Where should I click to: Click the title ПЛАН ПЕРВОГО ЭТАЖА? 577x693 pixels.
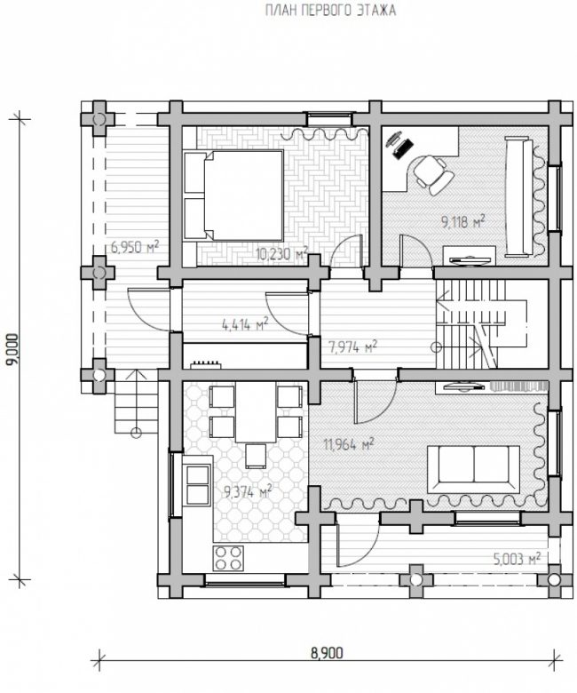(x=330, y=11)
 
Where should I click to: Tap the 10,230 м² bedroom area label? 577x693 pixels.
(x=281, y=254)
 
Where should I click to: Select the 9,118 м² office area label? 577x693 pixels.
(x=462, y=221)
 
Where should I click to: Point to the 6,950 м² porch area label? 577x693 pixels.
(x=134, y=247)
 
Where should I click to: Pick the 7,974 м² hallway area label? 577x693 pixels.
(x=352, y=346)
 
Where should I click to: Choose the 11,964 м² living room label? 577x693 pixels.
(x=349, y=444)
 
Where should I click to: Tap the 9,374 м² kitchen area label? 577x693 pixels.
(x=248, y=491)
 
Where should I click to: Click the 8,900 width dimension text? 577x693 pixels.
(x=327, y=653)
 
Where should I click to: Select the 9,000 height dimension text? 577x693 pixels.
(x=12, y=348)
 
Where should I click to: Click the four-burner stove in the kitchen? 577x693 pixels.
(x=228, y=558)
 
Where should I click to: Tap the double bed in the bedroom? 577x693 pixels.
(x=233, y=195)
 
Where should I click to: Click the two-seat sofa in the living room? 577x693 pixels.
(x=473, y=469)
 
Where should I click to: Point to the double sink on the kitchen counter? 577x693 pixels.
(x=198, y=484)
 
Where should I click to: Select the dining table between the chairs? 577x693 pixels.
(x=256, y=412)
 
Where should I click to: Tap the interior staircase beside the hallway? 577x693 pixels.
(x=481, y=324)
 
